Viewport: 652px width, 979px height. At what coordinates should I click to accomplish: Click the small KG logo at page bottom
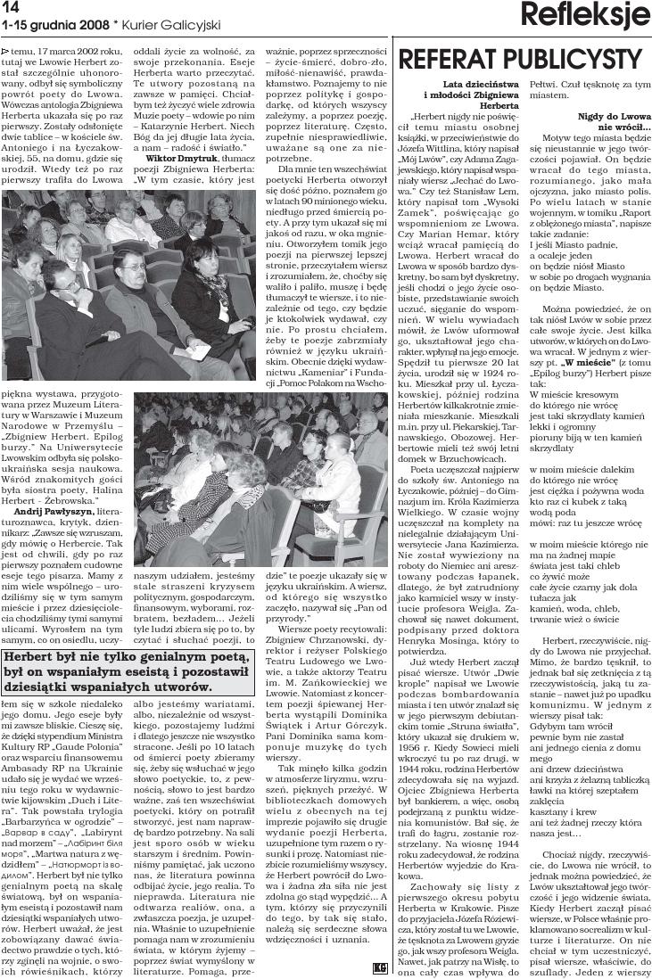coord(381,968)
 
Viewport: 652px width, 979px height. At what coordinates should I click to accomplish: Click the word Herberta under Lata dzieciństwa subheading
coord(487,105)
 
